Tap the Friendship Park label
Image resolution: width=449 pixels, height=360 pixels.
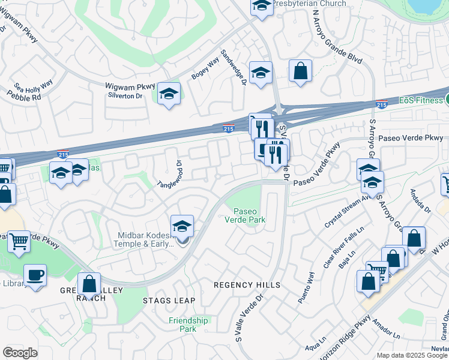click(x=188, y=325)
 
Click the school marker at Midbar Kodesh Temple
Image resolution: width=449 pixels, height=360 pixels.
click(x=182, y=227)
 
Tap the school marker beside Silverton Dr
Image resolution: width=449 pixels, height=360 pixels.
click(x=169, y=94)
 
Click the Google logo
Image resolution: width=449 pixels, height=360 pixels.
click(x=20, y=353)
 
